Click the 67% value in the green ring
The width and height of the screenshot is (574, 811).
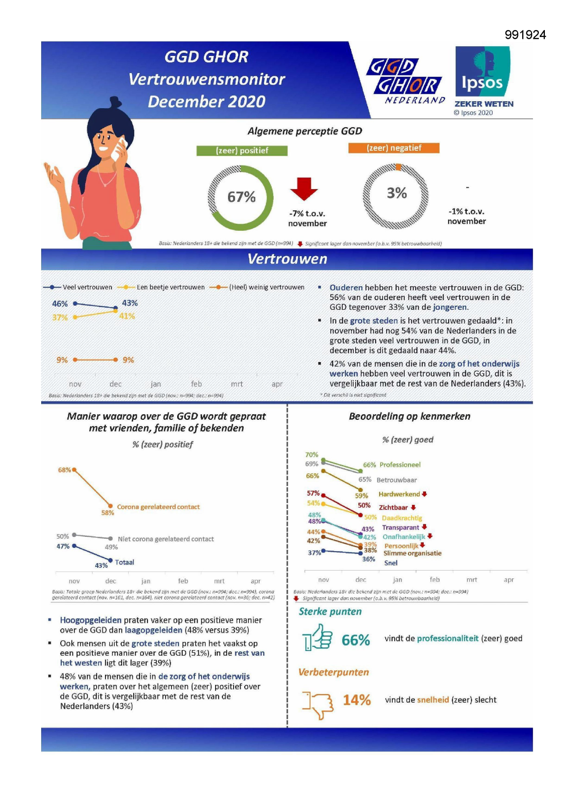(241, 197)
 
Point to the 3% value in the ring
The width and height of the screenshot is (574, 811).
(397, 193)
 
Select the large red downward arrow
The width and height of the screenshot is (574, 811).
(304, 188)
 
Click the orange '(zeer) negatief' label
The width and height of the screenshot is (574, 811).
(394, 148)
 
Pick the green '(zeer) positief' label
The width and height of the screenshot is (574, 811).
(242, 151)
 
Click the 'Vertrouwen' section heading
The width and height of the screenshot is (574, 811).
(287, 259)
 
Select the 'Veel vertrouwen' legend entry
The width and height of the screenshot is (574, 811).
(87, 287)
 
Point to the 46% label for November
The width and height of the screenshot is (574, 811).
(60, 304)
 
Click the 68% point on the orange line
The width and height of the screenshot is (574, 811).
(74, 470)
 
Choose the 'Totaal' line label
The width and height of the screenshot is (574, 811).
(124, 562)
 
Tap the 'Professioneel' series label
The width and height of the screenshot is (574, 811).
(400, 465)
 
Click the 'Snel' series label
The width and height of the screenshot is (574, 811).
(391, 563)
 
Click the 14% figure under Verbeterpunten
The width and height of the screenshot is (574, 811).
(357, 700)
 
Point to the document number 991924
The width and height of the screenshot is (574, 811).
(525, 35)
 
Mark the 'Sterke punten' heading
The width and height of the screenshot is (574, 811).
(330, 612)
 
